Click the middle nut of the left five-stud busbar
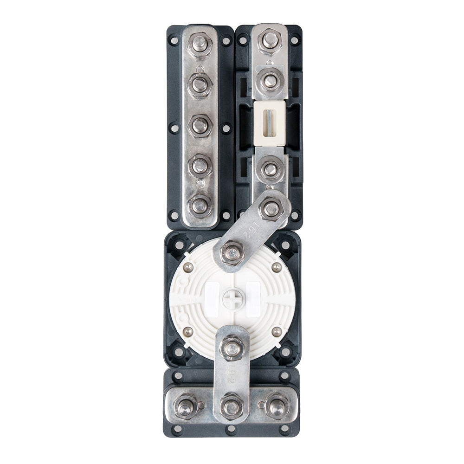(x=200, y=125)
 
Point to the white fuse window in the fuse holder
(x=270, y=122)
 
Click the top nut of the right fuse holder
(x=270, y=40)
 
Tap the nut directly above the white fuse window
(x=270, y=82)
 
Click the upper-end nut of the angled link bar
(x=272, y=208)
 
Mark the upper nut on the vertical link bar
(x=232, y=347)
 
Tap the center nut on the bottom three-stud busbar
(x=232, y=407)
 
